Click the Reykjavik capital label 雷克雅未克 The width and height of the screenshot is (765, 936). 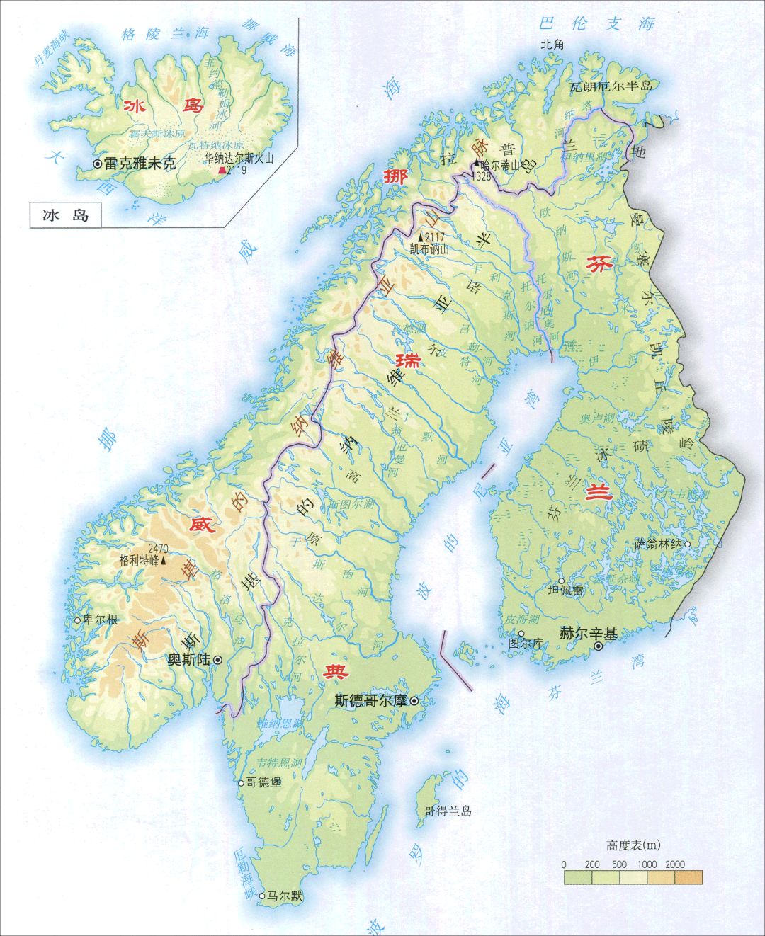[139, 164]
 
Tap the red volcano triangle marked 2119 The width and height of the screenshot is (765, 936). [222, 171]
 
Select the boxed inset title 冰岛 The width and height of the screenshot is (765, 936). [65, 215]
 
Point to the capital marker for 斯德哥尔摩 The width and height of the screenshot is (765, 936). [414, 701]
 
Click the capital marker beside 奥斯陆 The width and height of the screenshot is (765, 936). [218, 659]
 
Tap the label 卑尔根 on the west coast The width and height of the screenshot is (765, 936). [101, 620]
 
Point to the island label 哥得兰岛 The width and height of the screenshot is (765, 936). [448, 811]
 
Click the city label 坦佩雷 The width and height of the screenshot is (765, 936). [566, 590]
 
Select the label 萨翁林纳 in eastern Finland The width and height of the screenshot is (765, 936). [658, 544]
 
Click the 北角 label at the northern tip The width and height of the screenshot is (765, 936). [552, 44]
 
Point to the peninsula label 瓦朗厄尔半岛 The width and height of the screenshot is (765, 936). [611, 86]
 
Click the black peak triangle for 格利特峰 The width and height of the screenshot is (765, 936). [164, 560]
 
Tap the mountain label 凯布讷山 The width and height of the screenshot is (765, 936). [429, 249]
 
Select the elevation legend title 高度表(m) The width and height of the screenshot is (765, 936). [633, 845]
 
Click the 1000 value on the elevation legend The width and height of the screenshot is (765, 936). [646, 864]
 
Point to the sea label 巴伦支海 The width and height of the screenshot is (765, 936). [595, 23]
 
